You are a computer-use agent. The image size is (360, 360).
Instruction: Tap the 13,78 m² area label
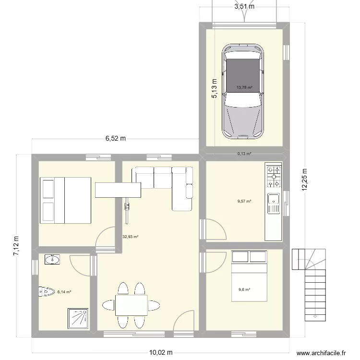(244, 88)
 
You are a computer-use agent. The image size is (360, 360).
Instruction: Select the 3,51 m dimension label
(244, 7)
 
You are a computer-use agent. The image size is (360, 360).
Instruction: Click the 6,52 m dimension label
(116, 139)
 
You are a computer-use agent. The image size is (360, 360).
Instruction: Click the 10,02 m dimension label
(161, 353)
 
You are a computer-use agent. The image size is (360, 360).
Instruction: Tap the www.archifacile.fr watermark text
(321, 353)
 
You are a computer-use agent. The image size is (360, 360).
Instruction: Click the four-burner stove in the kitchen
(274, 176)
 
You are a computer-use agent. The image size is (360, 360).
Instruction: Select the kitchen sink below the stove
(274, 203)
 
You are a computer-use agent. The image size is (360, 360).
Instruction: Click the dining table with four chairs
(131, 305)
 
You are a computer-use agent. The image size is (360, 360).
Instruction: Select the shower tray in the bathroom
(78, 318)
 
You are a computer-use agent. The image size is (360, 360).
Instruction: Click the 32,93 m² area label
(130, 237)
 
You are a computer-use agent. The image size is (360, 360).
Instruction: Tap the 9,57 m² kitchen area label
(244, 202)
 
